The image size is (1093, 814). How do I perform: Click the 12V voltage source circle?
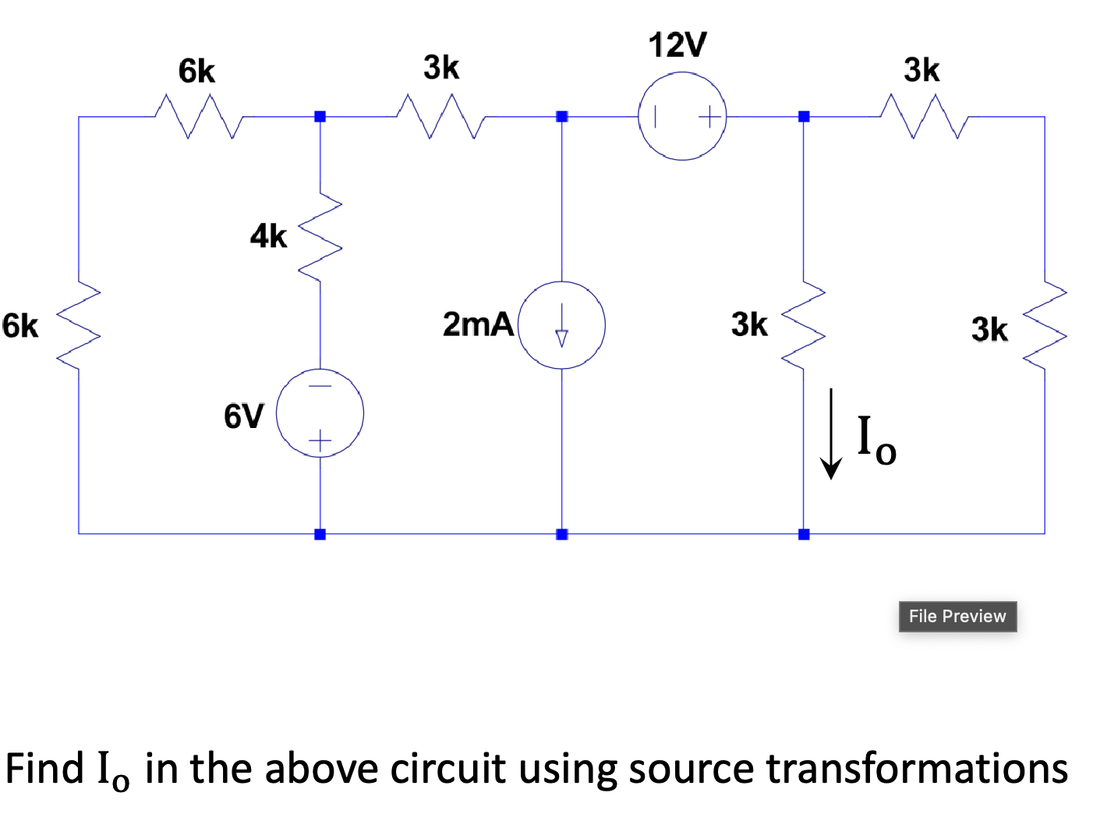click(682, 116)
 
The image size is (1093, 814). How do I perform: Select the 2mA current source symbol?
click(561, 324)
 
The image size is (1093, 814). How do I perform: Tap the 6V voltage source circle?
click(320, 413)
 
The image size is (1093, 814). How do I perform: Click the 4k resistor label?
click(268, 235)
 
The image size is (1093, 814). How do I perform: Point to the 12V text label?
click(677, 45)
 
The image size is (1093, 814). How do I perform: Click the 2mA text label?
click(478, 324)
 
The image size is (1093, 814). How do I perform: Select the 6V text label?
click(244, 416)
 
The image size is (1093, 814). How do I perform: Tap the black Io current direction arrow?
click(831, 434)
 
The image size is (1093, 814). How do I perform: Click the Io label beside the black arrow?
click(876, 441)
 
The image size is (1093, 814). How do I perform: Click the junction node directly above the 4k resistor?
click(320, 116)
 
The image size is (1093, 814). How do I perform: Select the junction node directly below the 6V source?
click(320, 534)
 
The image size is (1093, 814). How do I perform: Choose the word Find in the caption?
click(44, 769)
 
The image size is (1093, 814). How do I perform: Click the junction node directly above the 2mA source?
click(561, 116)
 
